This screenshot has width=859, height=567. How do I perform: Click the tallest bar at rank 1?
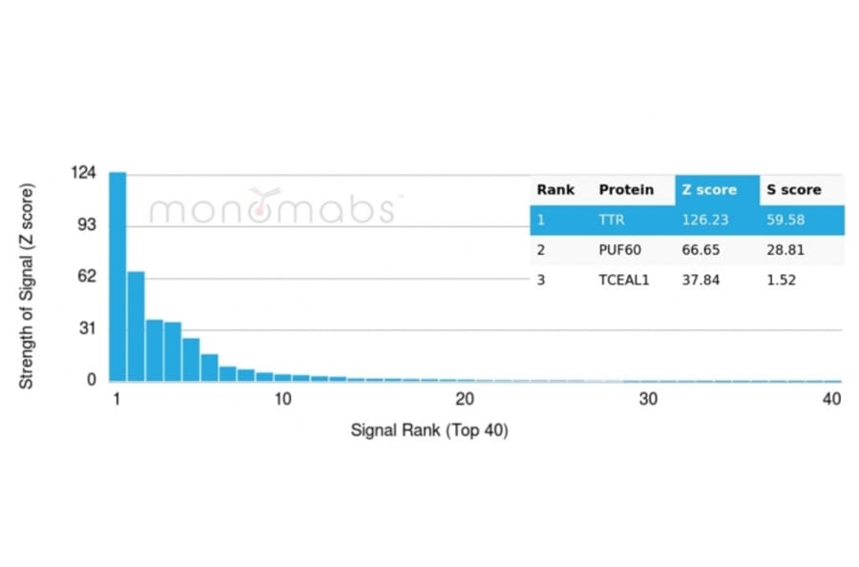point(117,277)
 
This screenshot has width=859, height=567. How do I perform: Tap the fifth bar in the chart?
point(191,359)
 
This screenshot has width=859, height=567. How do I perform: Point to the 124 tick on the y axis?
point(84,173)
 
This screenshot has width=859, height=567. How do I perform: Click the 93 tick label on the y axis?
point(87,225)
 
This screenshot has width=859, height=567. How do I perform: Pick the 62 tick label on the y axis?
point(87,277)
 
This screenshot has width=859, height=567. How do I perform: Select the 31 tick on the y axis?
point(87,328)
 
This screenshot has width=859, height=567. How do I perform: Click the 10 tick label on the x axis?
point(283,399)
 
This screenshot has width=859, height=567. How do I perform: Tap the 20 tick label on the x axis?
point(465,399)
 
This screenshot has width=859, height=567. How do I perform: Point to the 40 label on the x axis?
point(831,399)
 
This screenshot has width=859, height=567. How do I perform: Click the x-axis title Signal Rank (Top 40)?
point(429,430)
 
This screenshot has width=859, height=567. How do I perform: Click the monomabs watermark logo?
point(272,207)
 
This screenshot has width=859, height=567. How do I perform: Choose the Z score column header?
point(709,190)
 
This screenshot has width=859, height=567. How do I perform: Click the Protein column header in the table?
point(626,190)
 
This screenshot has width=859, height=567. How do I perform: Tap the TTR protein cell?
point(610,220)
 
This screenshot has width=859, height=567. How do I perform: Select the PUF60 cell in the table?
point(617,249)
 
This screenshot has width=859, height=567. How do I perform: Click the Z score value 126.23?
point(704,220)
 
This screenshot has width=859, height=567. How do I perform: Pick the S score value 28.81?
point(788,249)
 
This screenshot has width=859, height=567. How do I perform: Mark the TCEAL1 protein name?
point(623,280)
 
